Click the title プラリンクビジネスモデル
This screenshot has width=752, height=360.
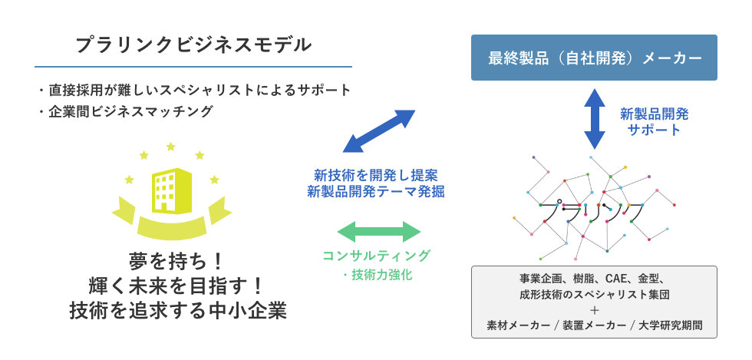(x=193, y=45)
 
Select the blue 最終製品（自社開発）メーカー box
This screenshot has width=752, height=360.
(x=594, y=58)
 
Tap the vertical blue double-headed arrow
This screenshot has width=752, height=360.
(x=595, y=118)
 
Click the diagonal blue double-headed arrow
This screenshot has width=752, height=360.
(x=379, y=131)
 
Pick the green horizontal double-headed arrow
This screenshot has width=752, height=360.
(x=379, y=232)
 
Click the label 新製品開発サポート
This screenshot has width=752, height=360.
(x=654, y=122)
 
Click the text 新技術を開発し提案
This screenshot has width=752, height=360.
(x=376, y=173)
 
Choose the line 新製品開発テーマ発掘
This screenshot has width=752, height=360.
(x=376, y=192)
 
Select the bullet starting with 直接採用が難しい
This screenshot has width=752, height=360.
(x=193, y=90)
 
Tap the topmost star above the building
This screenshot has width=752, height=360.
(x=170, y=147)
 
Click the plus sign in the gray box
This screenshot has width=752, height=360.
(x=594, y=310)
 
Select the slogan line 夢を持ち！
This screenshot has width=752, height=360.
(x=176, y=262)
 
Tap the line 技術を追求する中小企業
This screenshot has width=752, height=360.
(x=178, y=311)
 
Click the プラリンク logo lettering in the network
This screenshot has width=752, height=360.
(x=594, y=212)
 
